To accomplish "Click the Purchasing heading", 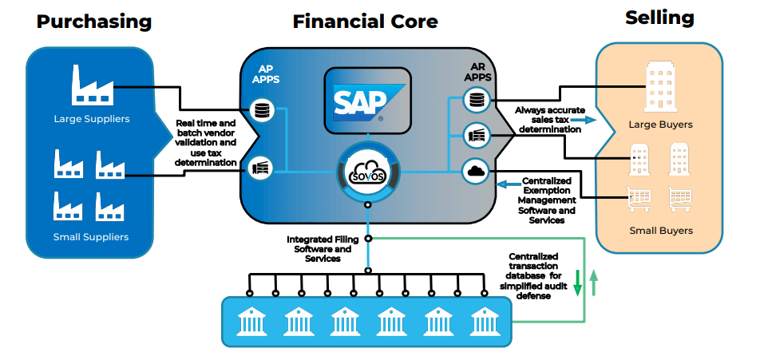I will tap(93, 22).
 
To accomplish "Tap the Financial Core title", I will tap(365, 22).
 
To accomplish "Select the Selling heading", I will tap(659, 18).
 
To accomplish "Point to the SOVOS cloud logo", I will tap(367, 170).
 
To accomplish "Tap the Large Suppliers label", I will tap(91, 119).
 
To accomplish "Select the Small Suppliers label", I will tap(90, 236).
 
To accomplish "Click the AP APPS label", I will tap(266, 74).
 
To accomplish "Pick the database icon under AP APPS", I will tap(260, 110).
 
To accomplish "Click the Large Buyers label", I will tap(659, 125).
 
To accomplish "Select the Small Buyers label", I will tap(659, 231).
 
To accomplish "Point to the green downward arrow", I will tap(578, 283).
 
